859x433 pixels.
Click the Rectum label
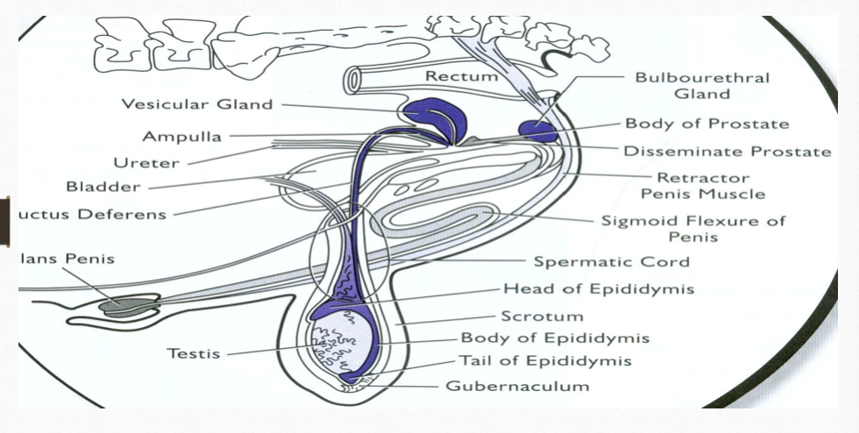pos(461,77)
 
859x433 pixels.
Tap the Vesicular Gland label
pos(197,104)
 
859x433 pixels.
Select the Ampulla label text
pos(182,136)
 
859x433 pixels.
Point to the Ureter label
pos(146,162)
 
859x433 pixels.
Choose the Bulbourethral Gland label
pos(702,85)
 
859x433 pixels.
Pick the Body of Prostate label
pos(706,124)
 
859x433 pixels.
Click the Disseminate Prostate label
pos(727,152)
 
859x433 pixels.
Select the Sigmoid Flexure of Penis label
pos(693,228)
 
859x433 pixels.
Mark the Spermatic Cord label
pos(612,261)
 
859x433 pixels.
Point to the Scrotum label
pos(542,316)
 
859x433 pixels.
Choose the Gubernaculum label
pos(517,385)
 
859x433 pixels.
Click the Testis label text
pos(195,354)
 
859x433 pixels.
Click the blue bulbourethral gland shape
pos(537,131)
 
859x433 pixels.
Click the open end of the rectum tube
pos(353,80)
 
